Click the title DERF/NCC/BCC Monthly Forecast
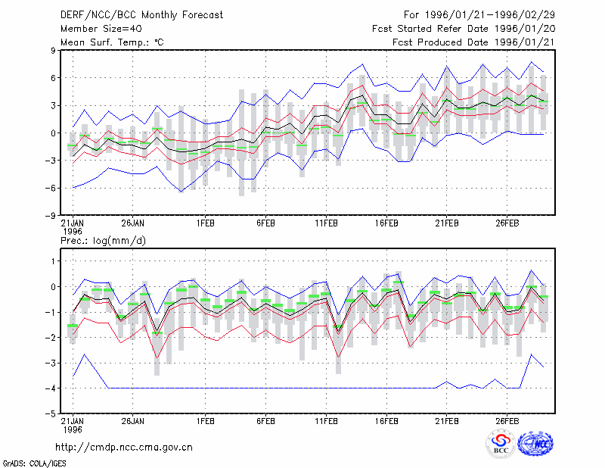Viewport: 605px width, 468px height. tap(141, 15)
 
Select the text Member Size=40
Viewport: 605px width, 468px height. tap(101, 29)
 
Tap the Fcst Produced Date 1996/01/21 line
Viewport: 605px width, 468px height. tap(473, 42)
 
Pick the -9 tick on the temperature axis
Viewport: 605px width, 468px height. tap(50, 216)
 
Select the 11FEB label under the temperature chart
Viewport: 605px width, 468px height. tap(326, 223)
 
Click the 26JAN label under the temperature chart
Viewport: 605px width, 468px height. tap(133, 223)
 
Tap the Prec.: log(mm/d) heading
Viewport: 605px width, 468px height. tap(103, 241)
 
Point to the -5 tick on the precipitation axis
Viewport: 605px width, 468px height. tap(50, 413)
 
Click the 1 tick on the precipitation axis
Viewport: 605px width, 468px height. tap(53, 261)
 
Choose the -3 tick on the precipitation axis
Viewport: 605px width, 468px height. tap(50, 363)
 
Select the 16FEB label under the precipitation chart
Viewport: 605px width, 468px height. tap(386, 421)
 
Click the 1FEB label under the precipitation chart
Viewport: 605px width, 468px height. tap(205, 421)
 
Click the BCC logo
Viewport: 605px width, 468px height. tap(501, 444)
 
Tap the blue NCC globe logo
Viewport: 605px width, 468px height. tap(535, 444)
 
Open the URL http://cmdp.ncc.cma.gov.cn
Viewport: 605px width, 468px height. tap(124, 448)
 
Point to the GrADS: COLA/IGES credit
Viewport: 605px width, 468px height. tap(34, 463)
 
